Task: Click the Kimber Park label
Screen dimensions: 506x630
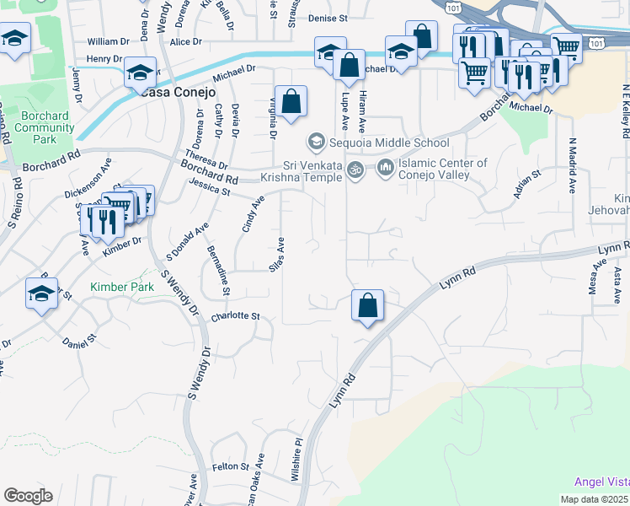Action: (x=122, y=288)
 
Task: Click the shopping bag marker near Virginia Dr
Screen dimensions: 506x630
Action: (x=291, y=103)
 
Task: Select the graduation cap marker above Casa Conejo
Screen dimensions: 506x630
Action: (x=141, y=73)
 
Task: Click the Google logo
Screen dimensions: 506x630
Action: (x=28, y=496)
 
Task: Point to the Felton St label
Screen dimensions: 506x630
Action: (x=231, y=466)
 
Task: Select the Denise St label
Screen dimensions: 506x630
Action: (x=328, y=18)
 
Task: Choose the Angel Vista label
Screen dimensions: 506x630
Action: (x=601, y=482)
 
